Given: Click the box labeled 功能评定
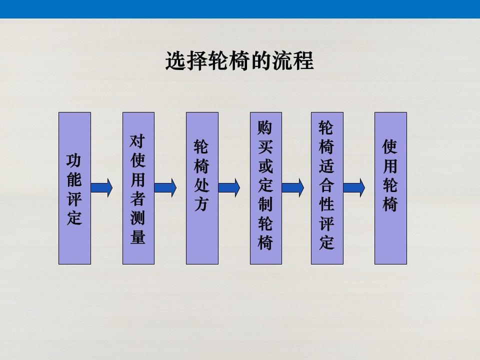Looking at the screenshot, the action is point(74,188).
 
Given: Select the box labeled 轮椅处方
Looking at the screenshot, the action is point(202,188).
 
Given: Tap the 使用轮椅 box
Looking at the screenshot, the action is point(390,188).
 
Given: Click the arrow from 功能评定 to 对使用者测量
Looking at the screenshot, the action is point(101,188).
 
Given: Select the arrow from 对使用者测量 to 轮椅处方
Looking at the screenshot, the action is point(165,188).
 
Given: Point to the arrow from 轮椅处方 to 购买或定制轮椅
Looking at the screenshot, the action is point(229,188).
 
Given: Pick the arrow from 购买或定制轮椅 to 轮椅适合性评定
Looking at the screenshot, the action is point(293,188).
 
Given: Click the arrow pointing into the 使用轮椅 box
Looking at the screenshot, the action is point(354,188).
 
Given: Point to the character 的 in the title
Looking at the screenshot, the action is point(261,60).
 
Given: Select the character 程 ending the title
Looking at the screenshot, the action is point(303,60).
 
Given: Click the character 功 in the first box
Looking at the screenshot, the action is point(74,160).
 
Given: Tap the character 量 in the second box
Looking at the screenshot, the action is point(138,236).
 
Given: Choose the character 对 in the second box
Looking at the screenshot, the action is point(138,141).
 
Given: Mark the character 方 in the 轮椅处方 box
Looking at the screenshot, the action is point(201,204).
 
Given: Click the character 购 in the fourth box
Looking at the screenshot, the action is point(265,127).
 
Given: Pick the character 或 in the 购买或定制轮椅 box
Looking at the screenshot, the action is point(265,166).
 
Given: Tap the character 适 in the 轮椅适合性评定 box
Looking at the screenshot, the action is point(326,166).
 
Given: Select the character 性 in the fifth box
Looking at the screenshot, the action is point(326,204).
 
